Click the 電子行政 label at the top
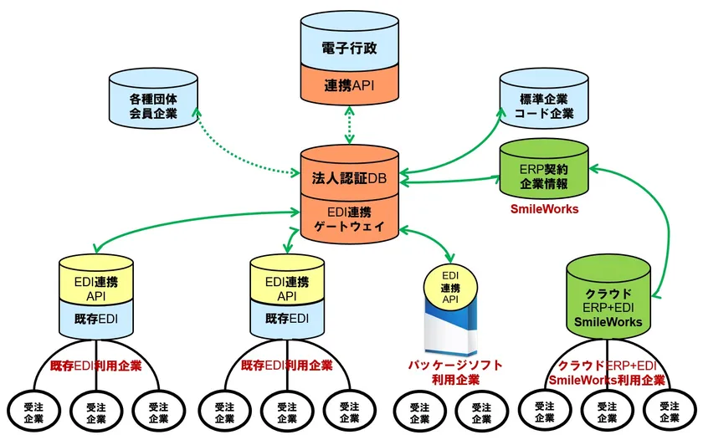coord(349,47)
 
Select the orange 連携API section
coord(349,85)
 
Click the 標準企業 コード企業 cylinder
coord(543,105)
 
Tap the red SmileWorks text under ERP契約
coord(544,209)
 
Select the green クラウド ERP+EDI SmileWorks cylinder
coord(608,306)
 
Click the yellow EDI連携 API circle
coord(451,288)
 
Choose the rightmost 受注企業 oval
coord(670,412)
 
